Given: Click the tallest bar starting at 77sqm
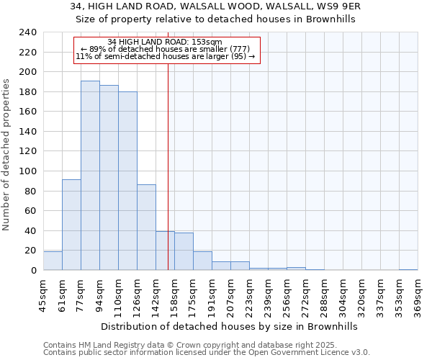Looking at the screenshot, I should click(x=90, y=176).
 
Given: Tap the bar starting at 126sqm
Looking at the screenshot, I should click(x=146, y=228).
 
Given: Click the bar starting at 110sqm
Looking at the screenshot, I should click(x=127, y=181).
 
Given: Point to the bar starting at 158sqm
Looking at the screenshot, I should click(x=184, y=251).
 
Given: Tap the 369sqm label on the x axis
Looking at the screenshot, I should click(x=417, y=295).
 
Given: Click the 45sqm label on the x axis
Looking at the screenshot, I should click(x=43, y=295).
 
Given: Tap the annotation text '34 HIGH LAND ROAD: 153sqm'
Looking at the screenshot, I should click(x=164, y=42).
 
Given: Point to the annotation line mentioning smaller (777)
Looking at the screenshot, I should click(x=165, y=49).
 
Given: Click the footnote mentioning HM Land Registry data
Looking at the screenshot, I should click(x=206, y=345).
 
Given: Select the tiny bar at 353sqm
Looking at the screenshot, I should click(x=408, y=269).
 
